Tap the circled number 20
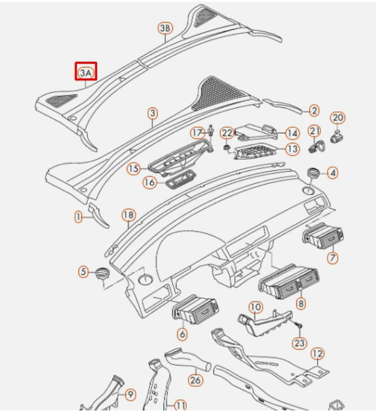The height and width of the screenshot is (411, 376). (x=337, y=118)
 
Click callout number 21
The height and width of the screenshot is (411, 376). (x=315, y=131)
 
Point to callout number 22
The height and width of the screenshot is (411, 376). (x=227, y=133)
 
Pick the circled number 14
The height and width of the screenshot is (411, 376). (x=292, y=133)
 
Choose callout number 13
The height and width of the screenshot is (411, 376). (x=292, y=149)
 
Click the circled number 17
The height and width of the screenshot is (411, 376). (x=197, y=133)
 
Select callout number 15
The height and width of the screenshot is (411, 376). (x=133, y=168)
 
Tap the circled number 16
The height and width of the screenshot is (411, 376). (x=149, y=183)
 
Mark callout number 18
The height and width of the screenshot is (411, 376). (x=129, y=215)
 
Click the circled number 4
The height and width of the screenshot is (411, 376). (x=333, y=173)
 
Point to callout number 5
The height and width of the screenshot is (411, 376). (x=84, y=272)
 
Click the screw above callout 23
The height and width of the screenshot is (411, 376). (x=299, y=326)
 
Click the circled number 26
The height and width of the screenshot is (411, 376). (x=195, y=380)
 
